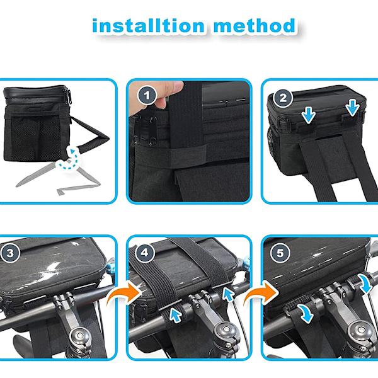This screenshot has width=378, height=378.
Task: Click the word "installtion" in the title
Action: (x=149, y=26)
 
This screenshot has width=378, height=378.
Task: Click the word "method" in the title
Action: (x=255, y=26)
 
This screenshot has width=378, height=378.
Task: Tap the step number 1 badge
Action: (x=147, y=96)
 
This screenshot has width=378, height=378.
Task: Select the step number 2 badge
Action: (x=283, y=98)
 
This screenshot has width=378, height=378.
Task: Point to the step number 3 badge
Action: (x=10, y=253)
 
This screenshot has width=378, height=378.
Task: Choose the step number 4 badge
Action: (x=144, y=253)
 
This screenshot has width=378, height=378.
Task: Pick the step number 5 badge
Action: (x=280, y=253)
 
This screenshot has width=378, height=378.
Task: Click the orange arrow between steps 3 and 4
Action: (x=125, y=294)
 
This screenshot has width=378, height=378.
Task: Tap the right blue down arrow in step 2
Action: (x=353, y=107)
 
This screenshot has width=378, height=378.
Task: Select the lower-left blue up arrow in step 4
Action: (x=176, y=315)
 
